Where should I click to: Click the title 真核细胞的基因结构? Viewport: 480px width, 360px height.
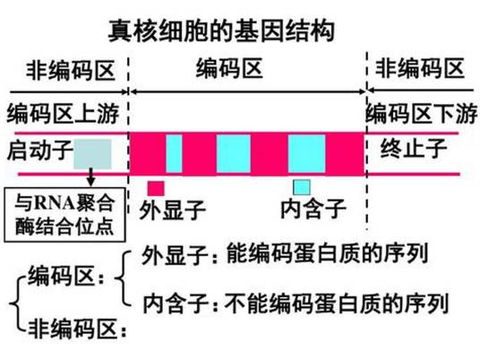[221, 30]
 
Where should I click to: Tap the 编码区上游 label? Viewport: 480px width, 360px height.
[63, 114]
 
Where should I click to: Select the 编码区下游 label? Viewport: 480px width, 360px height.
[422, 114]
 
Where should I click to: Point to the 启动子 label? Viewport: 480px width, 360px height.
[39, 150]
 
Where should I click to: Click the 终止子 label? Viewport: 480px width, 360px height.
[414, 148]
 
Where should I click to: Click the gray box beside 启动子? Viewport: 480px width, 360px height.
[92, 154]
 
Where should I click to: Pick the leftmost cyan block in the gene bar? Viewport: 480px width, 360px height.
[174, 154]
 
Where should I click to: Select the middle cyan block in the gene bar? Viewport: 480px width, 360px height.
[234, 154]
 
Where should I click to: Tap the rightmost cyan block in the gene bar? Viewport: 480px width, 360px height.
[306, 154]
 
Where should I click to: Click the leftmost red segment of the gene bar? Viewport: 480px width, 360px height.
[148, 154]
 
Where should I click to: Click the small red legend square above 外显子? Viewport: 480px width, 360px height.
[156, 188]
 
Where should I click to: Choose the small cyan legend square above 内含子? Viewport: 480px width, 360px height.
[302, 187]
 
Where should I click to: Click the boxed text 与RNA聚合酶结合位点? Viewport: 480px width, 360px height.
[64, 215]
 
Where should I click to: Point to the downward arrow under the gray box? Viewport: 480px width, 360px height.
[90, 177]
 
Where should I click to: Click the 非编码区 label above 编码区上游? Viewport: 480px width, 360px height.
[71, 71]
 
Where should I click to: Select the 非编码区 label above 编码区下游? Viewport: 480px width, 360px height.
[420, 69]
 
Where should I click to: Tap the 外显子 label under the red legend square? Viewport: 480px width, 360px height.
[172, 210]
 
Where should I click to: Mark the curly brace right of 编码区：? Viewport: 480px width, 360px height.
[123, 279]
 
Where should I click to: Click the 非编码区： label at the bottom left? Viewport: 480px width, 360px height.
[77, 329]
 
